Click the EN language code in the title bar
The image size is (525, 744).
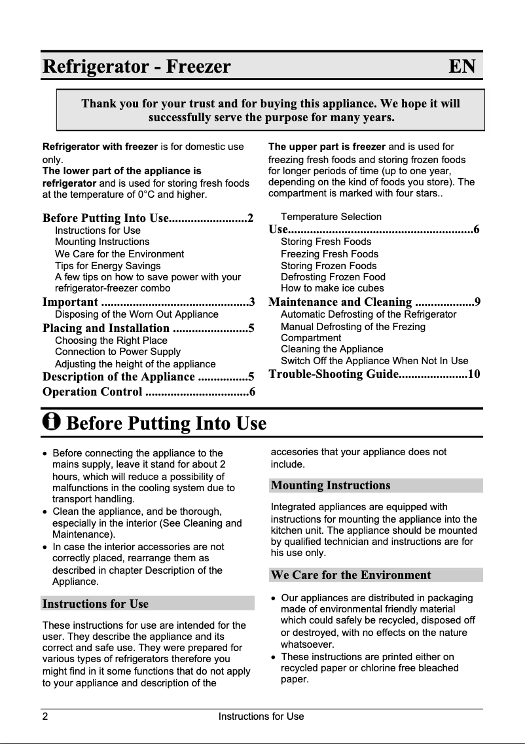pyautogui.click(x=462, y=67)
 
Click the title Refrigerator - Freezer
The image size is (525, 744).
pyautogui.click(x=137, y=67)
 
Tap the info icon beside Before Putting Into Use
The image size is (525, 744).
pyautogui.click(x=51, y=422)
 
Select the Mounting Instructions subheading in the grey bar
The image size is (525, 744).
pyautogui.click(x=331, y=485)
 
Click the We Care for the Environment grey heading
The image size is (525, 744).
pyautogui.click(x=351, y=575)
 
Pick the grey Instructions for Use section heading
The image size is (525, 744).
pyautogui.click(x=96, y=604)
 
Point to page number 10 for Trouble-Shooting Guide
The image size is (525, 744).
pyautogui.click(x=474, y=374)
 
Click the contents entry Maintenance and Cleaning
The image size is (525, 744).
pyautogui.click(x=340, y=302)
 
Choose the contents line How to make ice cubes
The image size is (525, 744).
pyautogui.click(x=333, y=288)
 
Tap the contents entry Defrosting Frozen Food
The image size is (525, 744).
pyautogui.click(x=333, y=277)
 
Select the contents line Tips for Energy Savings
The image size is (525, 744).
pyautogui.click(x=108, y=266)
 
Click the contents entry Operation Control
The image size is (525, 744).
pyautogui.click(x=92, y=392)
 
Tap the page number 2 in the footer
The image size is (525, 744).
pyautogui.click(x=45, y=716)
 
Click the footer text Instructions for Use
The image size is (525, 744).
pyautogui.click(x=261, y=716)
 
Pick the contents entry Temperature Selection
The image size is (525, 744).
pyautogui.click(x=331, y=217)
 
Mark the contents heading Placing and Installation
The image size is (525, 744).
pyautogui.click(x=106, y=328)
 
